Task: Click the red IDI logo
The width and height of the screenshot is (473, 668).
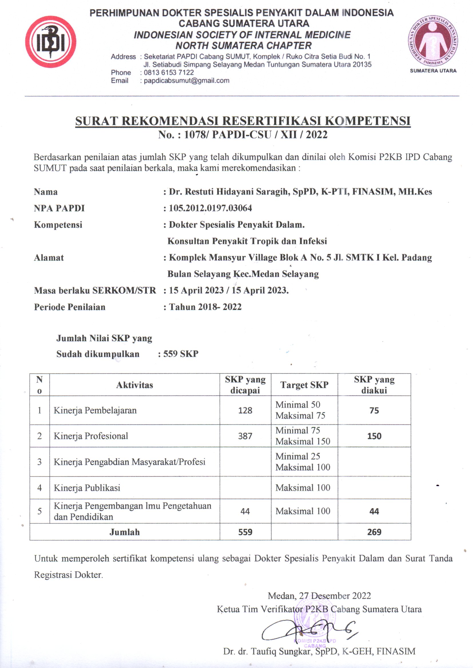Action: coord(51,42)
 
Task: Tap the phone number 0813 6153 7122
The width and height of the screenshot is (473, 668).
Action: coord(169,73)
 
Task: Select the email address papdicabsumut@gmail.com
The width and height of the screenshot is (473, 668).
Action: coord(186,81)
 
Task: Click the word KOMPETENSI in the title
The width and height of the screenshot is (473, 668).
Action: coord(367,121)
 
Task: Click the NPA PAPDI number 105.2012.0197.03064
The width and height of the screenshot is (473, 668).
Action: coord(210,208)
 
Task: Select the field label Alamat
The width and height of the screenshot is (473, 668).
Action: coord(49,257)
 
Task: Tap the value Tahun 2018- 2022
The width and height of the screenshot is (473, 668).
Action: coord(205,307)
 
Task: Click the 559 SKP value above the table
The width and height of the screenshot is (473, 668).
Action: coord(180,354)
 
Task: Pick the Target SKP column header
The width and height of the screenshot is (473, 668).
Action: coord(304,385)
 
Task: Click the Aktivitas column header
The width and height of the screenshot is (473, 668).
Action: coord(135,385)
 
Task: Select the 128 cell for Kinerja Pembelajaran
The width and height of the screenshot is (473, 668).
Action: coord(245,410)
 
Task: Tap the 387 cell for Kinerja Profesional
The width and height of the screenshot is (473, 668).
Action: coord(245,436)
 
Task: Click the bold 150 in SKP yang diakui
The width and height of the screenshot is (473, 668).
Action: coord(374,436)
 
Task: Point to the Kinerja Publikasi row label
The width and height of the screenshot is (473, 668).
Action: coord(87,488)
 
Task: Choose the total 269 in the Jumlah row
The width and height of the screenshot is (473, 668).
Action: coord(374,532)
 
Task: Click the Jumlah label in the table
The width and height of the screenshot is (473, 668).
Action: coord(125,532)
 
